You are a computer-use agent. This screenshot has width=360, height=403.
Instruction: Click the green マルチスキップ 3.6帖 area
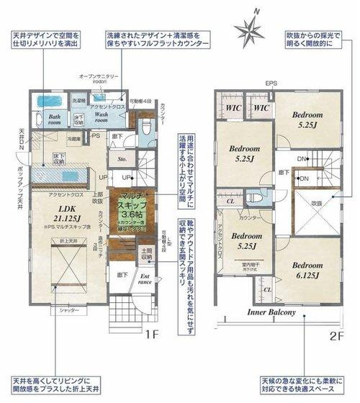(131, 209)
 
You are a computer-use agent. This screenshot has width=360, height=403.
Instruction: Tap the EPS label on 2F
(271, 83)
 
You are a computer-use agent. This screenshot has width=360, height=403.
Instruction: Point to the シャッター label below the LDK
(68, 312)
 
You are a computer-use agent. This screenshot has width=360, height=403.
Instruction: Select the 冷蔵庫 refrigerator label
(75, 139)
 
